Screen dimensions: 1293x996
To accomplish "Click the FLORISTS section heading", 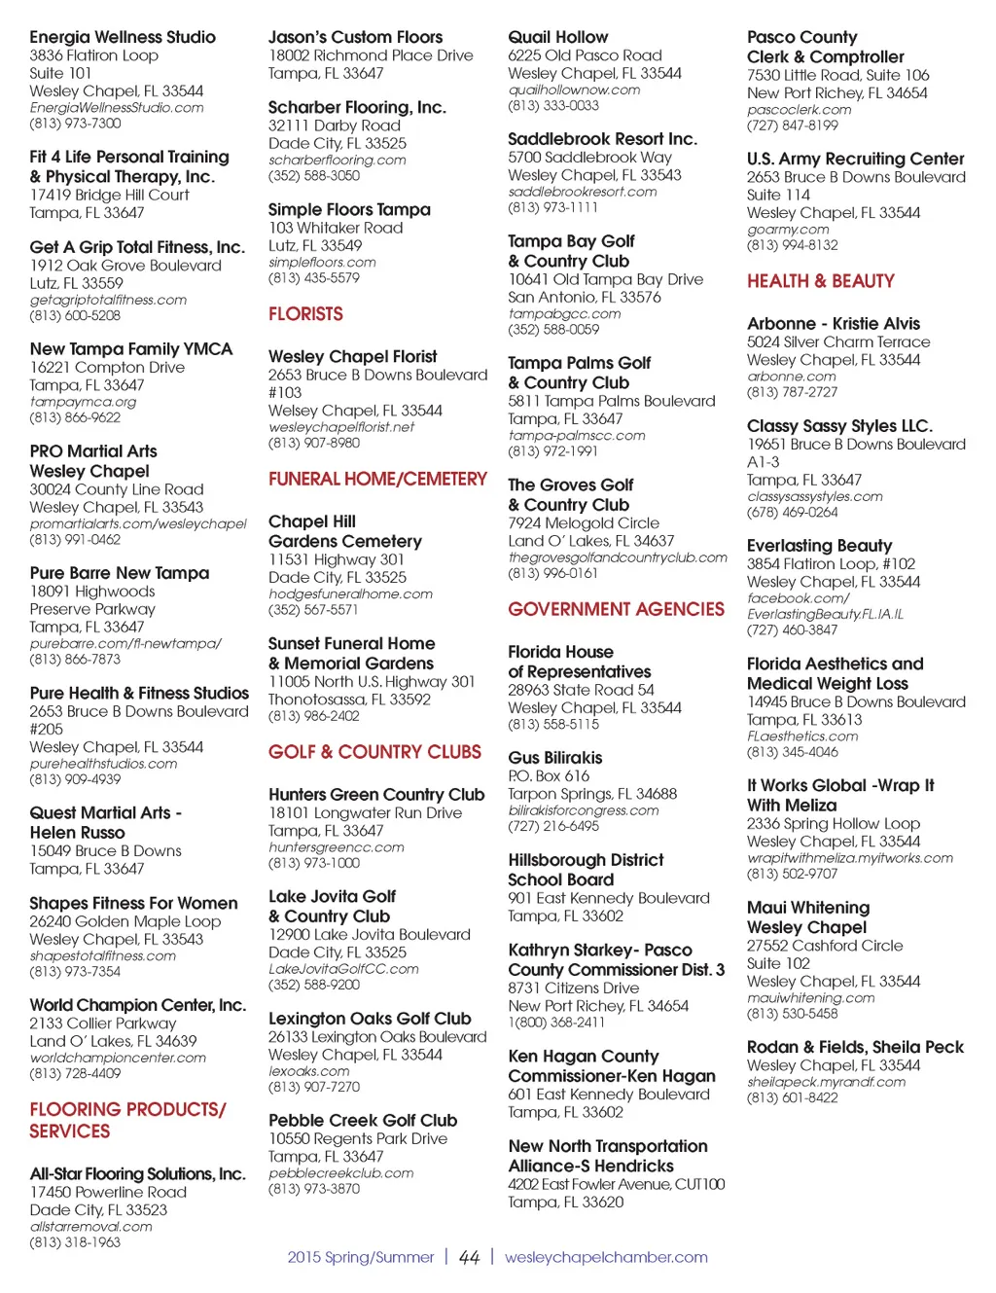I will pos(305,314).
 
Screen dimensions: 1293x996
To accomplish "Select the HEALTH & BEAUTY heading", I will pos(820,281).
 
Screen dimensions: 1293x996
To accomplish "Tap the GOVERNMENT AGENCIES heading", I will pos(616,609).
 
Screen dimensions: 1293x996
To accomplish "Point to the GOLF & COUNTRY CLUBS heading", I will pos(374,752).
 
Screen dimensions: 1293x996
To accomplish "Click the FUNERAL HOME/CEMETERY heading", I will pos(377,479).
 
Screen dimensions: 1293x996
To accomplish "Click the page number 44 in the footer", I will pos(469,1257).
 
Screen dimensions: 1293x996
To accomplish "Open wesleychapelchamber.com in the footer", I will pos(606,1257).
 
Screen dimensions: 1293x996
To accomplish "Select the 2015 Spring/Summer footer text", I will pos(360,1257).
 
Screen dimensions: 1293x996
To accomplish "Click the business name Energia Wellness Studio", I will pos(123,37).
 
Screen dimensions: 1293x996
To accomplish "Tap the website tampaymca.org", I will pos(83,402).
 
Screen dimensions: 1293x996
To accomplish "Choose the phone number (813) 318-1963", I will pos(75,1242).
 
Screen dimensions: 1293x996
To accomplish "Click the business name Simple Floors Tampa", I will pos(349,209).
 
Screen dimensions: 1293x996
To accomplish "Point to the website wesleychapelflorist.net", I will pos(341,427).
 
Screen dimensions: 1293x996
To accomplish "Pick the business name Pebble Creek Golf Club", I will pos(363,1121).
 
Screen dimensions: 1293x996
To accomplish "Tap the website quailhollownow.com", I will pos(574,90).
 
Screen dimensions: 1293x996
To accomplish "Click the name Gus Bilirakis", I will pos(554,758).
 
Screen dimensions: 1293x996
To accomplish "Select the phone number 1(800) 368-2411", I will pos(556,1023).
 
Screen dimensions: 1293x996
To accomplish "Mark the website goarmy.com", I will pos(788,230).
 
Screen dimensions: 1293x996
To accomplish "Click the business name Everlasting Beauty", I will pos(819,546).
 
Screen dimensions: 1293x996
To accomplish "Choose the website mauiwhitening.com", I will pos(810,998).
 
